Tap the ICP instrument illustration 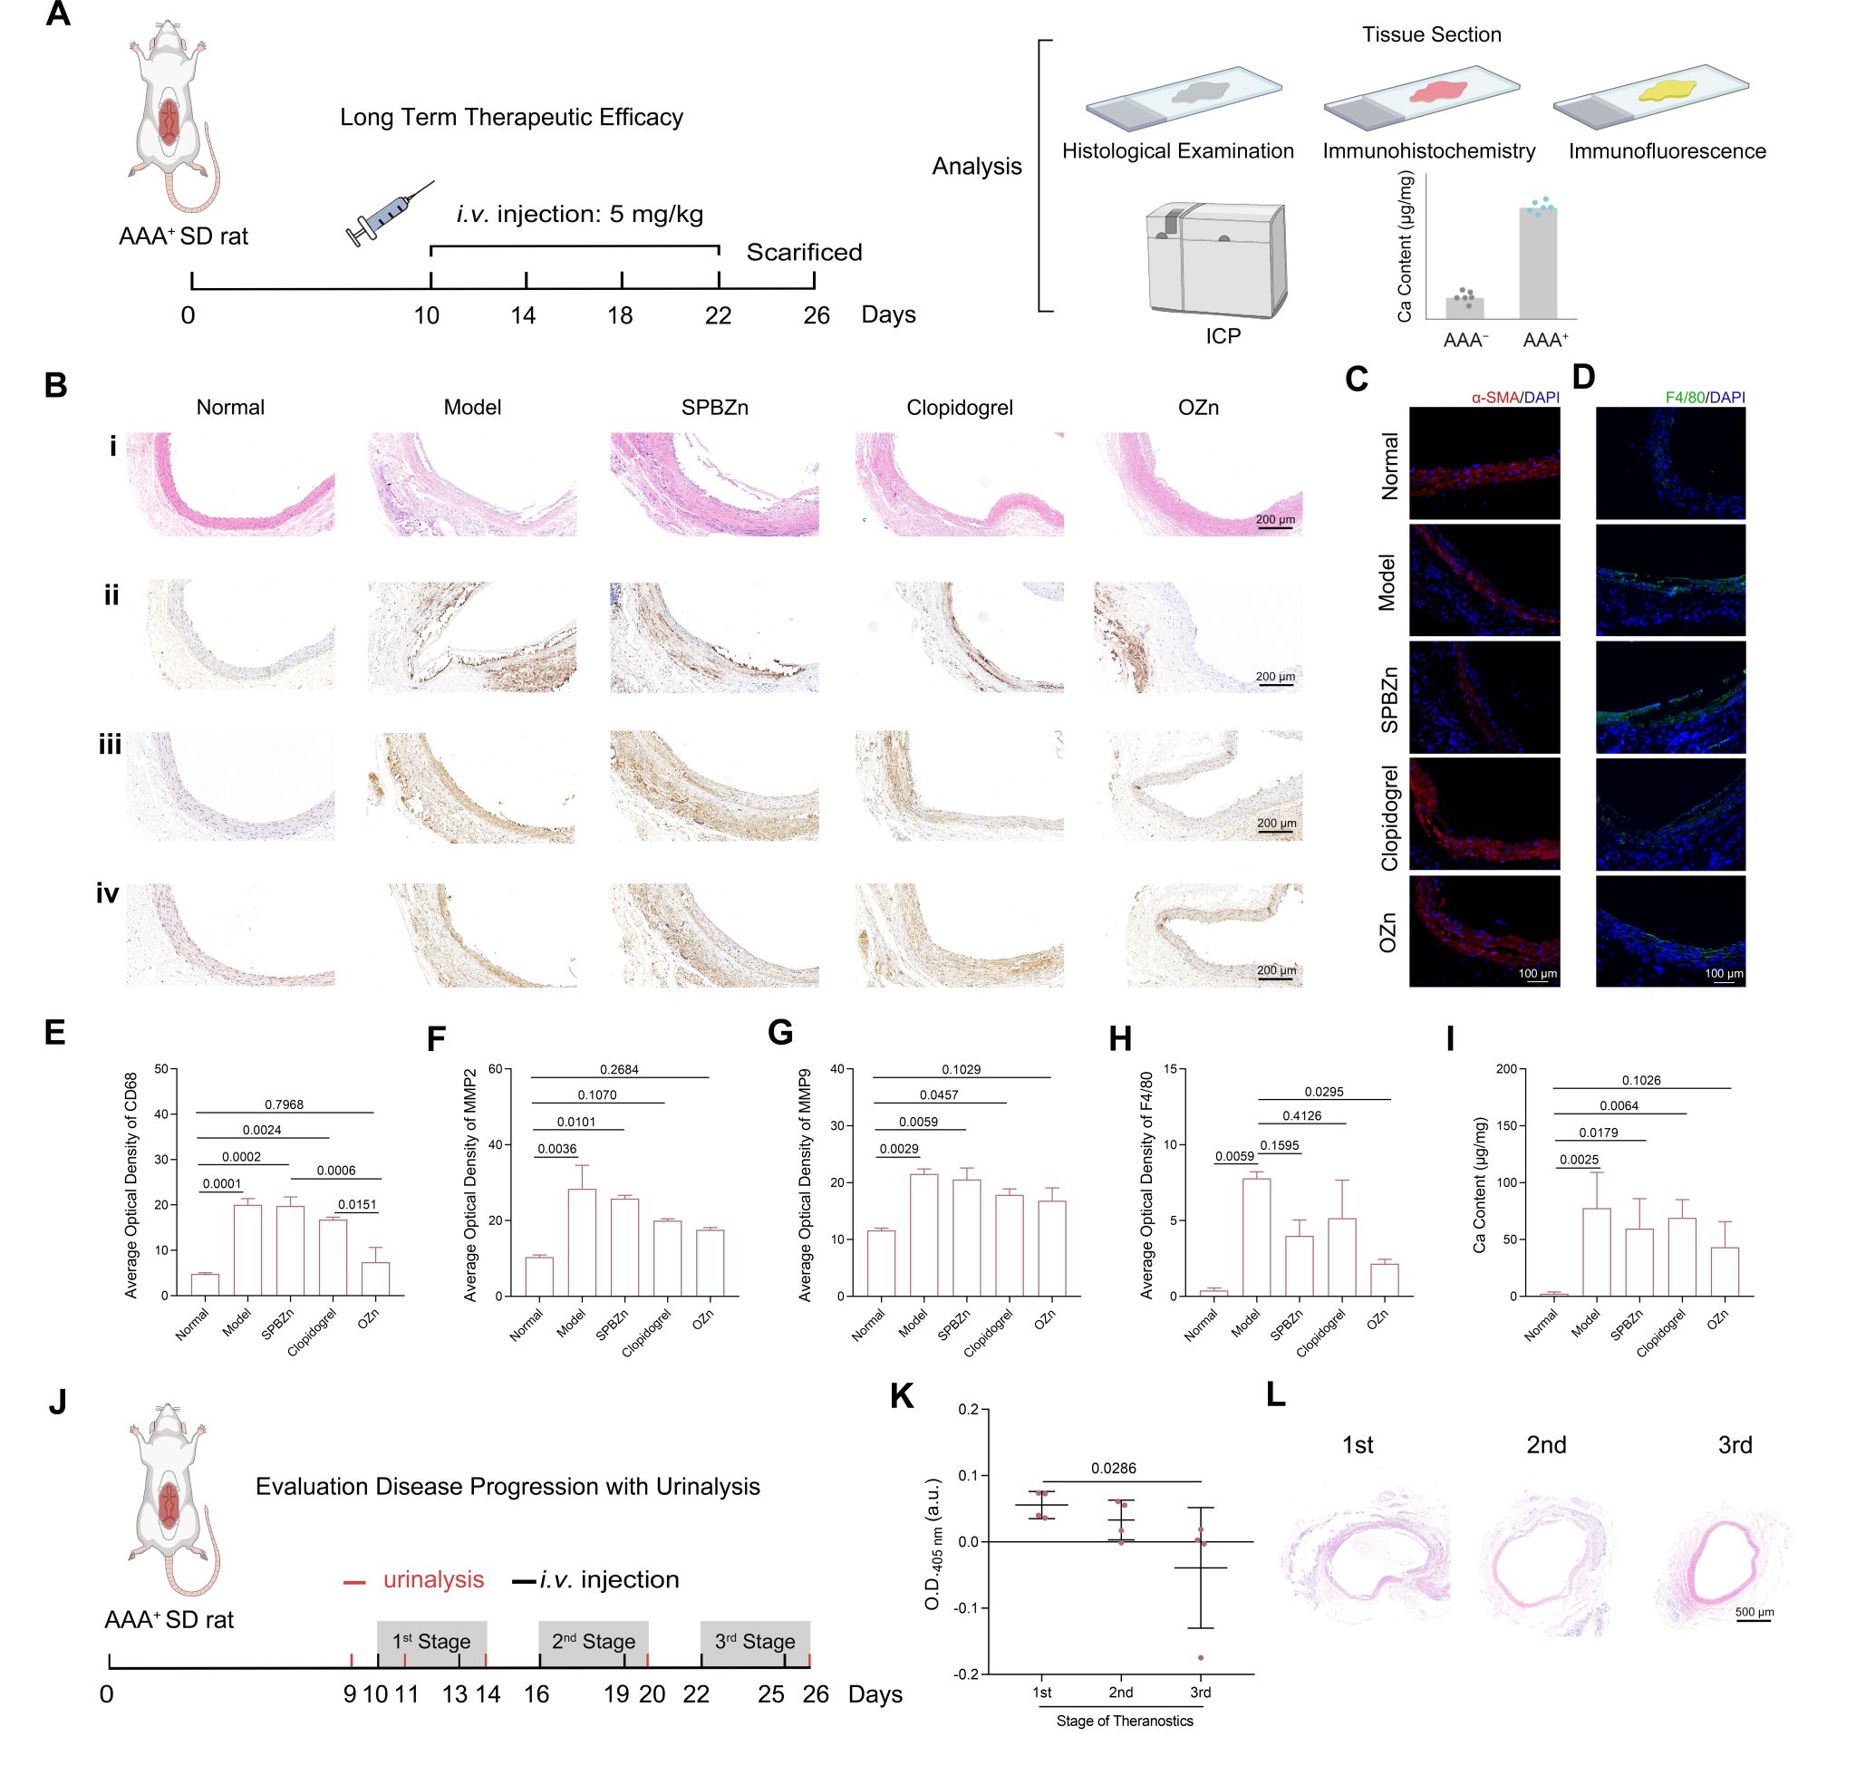pyautogui.click(x=1215, y=260)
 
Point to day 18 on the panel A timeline pyautogui.click(x=621, y=314)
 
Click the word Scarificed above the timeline pyautogui.click(x=804, y=252)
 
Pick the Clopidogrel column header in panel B pyautogui.click(x=959, y=408)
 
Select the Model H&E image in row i pyautogui.click(x=471, y=484)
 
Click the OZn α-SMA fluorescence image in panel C pyautogui.click(x=1484, y=931)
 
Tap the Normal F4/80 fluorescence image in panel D pyautogui.click(x=1669, y=462)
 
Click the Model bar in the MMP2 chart pyautogui.click(x=582, y=1242)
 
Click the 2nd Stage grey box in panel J pyautogui.click(x=593, y=1642)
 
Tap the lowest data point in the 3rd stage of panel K pyautogui.click(x=1200, y=1658)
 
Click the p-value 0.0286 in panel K pyautogui.click(x=1114, y=1468)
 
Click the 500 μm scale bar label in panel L pyautogui.click(x=1754, y=1613)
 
